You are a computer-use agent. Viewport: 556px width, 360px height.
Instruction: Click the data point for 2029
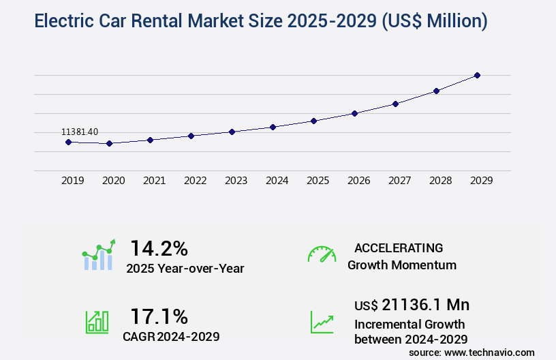click(x=477, y=75)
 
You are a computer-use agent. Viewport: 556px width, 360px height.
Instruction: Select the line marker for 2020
click(x=109, y=144)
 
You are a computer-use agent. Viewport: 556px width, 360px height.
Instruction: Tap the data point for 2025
click(x=313, y=121)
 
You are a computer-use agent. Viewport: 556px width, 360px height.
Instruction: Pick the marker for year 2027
click(x=395, y=104)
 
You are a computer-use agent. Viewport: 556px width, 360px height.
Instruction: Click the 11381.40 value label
click(x=80, y=132)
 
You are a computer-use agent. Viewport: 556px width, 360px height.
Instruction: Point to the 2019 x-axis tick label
click(x=73, y=181)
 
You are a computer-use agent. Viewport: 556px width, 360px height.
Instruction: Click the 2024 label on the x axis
click(x=277, y=181)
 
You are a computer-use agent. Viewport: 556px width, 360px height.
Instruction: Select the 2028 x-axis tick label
click(x=441, y=181)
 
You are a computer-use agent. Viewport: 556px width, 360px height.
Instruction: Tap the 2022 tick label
click(x=196, y=181)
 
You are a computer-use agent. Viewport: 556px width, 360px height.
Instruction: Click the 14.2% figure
click(x=159, y=247)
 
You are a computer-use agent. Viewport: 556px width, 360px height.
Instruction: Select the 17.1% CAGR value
click(x=159, y=316)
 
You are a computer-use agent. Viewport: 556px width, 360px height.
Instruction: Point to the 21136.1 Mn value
click(x=412, y=304)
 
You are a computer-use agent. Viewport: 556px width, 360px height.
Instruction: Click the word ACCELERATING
click(x=399, y=248)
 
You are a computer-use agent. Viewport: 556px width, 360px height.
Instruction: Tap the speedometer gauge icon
click(x=322, y=254)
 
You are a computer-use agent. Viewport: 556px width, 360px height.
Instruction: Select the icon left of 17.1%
click(x=97, y=322)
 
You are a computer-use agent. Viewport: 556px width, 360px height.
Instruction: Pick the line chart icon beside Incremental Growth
click(x=322, y=322)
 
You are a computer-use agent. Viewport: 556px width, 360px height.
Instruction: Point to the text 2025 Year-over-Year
click(x=185, y=269)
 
